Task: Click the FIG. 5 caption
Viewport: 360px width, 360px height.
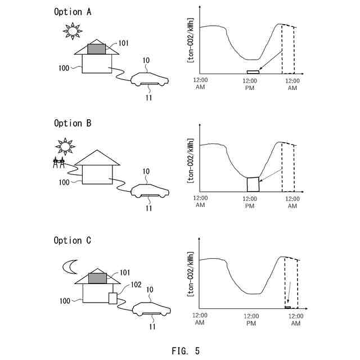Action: point(185,351)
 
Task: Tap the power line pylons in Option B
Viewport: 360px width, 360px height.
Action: point(57,163)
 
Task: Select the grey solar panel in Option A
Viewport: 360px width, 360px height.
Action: point(97,49)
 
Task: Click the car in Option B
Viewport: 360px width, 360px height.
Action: point(149,191)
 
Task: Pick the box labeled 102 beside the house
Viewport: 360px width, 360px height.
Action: point(113,298)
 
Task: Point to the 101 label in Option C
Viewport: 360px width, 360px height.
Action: point(124,272)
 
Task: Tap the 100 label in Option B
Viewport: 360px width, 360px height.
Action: point(64,182)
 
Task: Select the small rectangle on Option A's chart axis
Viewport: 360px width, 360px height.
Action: point(253,72)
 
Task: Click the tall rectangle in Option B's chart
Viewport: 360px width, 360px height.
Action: point(253,184)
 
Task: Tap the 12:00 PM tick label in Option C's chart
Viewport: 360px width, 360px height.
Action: point(251,319)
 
